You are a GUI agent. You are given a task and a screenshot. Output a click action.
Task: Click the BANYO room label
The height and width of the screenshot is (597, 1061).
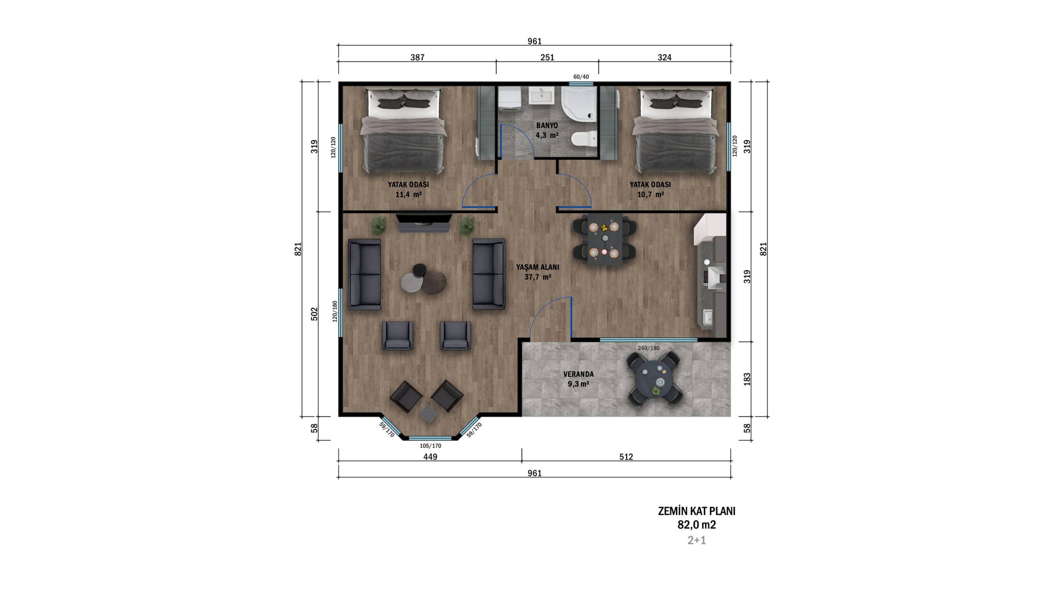(547, 125)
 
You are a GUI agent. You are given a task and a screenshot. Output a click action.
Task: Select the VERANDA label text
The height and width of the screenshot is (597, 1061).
(578, 374)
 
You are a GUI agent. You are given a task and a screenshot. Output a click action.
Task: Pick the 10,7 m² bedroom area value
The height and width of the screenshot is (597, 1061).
(650, 194)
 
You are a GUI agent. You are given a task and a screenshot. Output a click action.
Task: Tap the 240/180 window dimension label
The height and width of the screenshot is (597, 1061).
(648, 348)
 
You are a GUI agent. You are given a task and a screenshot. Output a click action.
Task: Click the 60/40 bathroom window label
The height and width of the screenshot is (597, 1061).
(581, 77)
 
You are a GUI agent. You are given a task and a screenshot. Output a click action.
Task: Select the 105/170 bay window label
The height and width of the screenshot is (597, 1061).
(430, 446)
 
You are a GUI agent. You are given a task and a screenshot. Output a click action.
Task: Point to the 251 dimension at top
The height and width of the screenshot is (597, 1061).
(547, 58)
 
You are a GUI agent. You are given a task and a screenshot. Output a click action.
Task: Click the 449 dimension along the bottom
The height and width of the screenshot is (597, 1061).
(430, 457)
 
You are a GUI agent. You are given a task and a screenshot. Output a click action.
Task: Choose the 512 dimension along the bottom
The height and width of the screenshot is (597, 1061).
(626, 457)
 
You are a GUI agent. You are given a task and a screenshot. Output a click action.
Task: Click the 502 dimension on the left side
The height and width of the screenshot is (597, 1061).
(314, 314)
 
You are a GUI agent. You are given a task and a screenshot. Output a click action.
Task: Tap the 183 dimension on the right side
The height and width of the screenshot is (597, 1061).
(747, 379)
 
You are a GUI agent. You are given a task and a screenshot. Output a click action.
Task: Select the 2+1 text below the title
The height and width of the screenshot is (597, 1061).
(697, 540)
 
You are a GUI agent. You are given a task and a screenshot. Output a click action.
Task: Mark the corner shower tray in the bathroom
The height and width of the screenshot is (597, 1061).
(579, 104)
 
